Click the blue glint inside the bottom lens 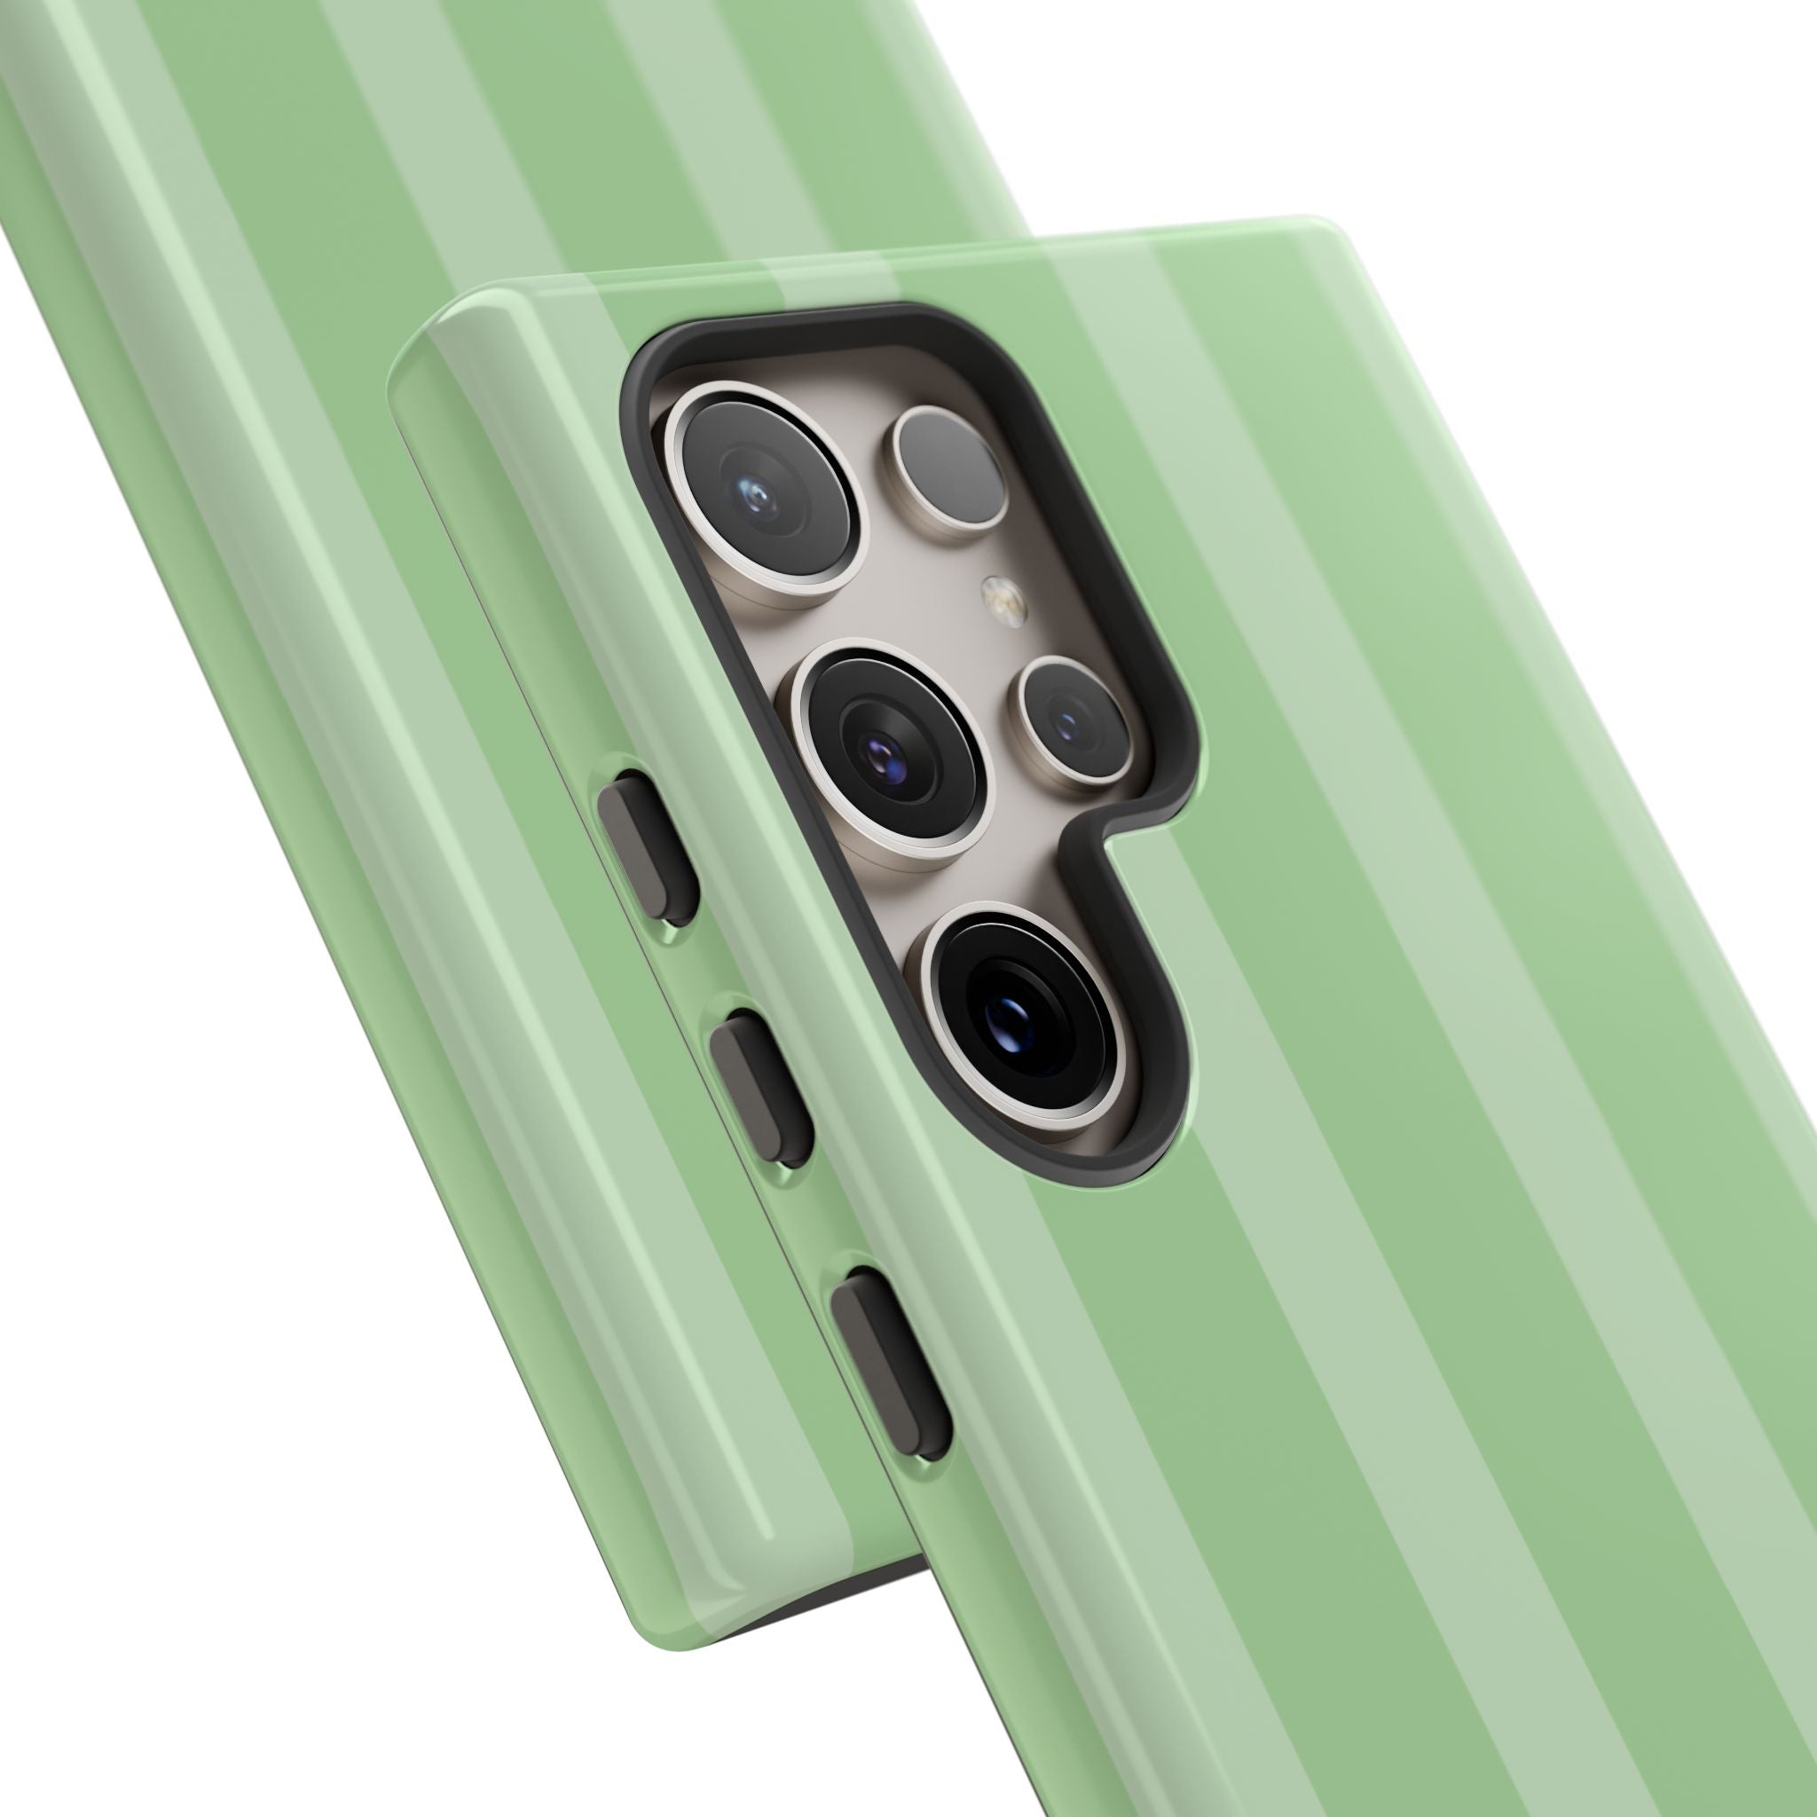click(1006, 1013)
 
